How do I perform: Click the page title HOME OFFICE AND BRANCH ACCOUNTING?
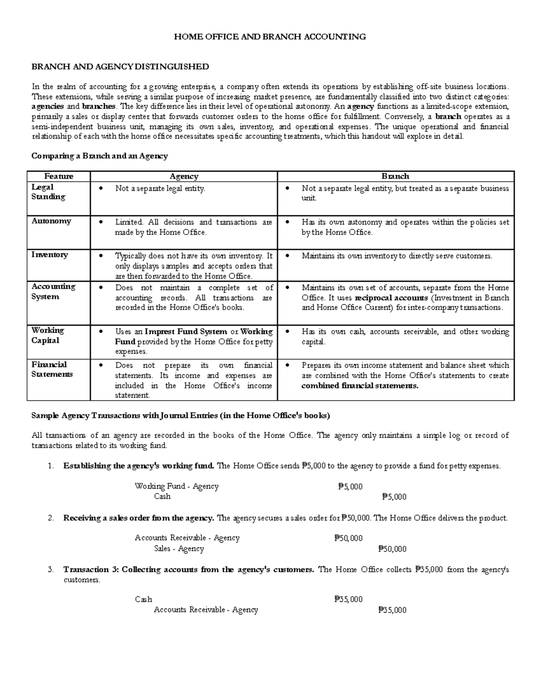pos(270,37)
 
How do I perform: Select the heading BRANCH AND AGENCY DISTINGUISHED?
pos(120,67)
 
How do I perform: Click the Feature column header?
pos(59,176)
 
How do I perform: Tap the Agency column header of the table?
pos(184,176)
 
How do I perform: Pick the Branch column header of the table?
pos(395,176)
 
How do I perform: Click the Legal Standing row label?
pos(48,192)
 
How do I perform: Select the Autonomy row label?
pos(51,221)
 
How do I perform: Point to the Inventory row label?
pos(50,255)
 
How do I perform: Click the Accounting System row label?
pos(53,292)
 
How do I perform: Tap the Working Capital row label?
pos(47,335)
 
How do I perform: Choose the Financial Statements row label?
pos(51,370)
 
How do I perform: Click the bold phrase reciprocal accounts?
pos(391,297)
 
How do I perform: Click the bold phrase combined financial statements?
pos(360,386)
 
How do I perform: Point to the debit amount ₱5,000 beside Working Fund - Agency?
pos(350,486)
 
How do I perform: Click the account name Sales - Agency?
pos(179,549)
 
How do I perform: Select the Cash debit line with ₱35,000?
pos(143,599)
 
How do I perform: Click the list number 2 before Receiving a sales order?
pos(50,518)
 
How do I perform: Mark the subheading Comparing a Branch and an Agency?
pos(99,156)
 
